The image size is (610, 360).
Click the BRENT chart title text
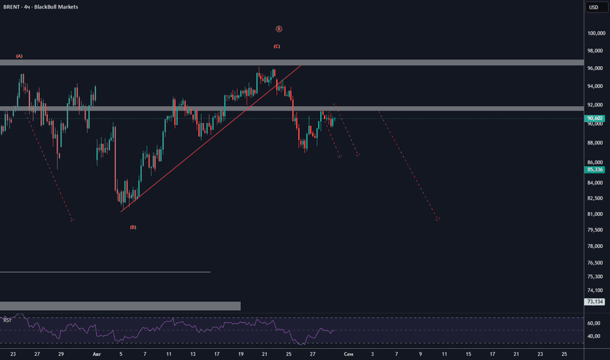(41, 7)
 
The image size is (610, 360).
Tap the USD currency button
(594, 7)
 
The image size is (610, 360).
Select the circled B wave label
(279, 29)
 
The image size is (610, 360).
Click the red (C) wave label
(277, 46)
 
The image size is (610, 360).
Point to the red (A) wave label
(19, 56)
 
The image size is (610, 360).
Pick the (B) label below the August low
(133, 227)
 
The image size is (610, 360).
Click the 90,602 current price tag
(594, 118)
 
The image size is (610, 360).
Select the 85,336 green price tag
(594, 170)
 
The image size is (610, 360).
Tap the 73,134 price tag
(594, 302)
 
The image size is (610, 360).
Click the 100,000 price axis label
(596, 33)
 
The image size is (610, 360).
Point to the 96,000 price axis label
(595, 69)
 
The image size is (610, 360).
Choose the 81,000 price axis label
(595, 214)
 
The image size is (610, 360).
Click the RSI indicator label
(7, 320)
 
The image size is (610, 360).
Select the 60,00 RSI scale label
(594, 323)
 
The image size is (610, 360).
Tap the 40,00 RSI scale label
(594, 336)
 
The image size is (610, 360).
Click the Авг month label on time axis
(97, 354)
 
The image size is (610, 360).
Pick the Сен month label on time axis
(349, 354)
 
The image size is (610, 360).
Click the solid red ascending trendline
(211, 139)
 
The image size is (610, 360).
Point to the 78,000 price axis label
(595, 246)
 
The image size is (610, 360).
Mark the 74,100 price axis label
(595, 291)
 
